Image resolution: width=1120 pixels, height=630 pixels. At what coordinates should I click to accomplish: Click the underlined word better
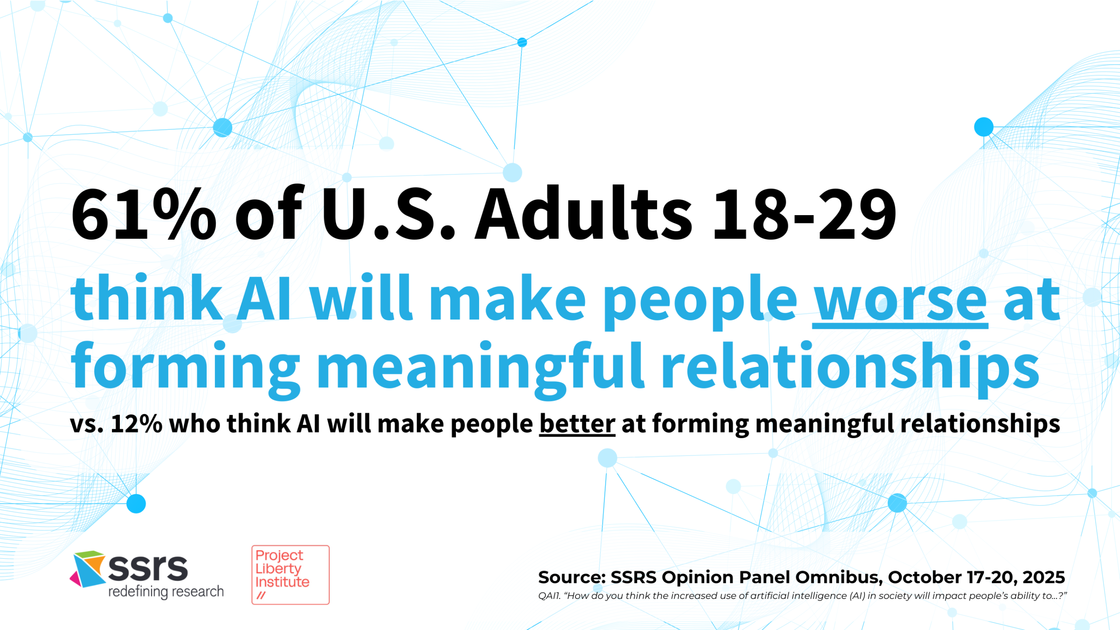[x=577, y=424]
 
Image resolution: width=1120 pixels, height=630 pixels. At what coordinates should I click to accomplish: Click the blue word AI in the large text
[x=264, y=298]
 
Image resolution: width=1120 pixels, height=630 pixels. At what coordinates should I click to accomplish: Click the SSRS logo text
[x=148, y=567]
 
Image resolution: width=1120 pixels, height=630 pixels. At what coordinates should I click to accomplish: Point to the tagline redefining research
[x=166, y=592]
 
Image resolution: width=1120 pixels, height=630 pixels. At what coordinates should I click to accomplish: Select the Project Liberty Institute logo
[x=290, y=575]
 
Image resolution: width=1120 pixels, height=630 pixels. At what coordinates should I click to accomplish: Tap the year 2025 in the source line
[x=1043, y=578]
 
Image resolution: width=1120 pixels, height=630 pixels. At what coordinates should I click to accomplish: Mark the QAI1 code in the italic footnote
[x=549, y=596]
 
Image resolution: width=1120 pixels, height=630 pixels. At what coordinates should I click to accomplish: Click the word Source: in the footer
[x=572, y=578]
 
